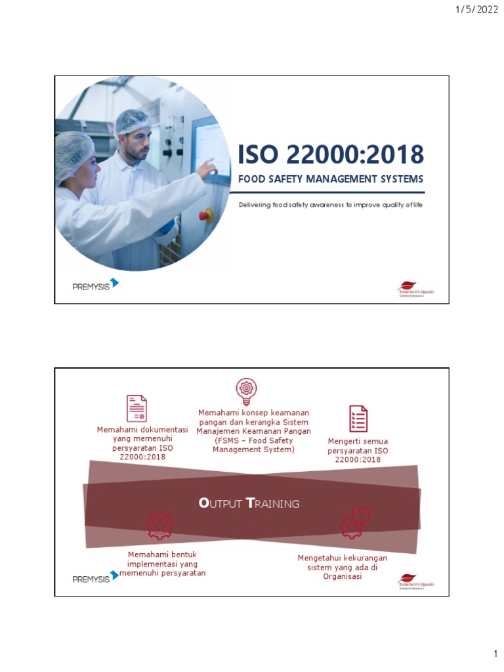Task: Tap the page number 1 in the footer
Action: click(495, 654)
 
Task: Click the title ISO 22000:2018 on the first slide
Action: click(330, 155)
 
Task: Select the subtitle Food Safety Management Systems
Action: click(330, 179)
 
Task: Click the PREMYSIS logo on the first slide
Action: click(95, 285)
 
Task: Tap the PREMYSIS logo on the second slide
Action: click(95, 577)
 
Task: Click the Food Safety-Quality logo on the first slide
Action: click(416, 289)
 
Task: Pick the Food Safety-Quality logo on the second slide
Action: click(416, 581)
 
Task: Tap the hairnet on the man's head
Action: click(132, 121)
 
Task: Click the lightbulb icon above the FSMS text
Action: click(246, 392)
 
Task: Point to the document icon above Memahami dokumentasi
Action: click(136, 408)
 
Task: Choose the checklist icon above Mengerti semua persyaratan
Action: click(358, 419)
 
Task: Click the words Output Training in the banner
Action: click(249, 503)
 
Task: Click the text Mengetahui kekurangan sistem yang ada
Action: click(342, 567)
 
